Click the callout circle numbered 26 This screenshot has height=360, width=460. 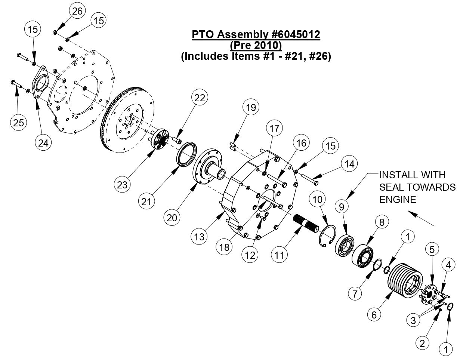point(77,12)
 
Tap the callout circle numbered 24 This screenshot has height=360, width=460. point(44,142)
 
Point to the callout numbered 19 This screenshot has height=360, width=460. point(250,108)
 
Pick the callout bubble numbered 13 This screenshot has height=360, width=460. point(200,236)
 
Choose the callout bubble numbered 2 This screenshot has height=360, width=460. point(422,343)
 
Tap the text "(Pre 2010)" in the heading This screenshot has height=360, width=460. point(256,46)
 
